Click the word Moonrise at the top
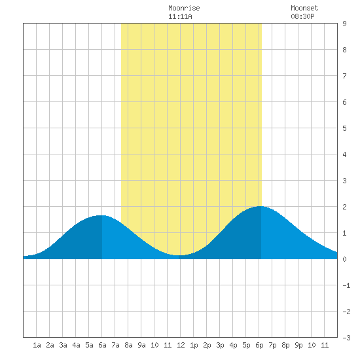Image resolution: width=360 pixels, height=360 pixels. tap(184, 8)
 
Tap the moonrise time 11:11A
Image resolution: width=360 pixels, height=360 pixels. tap(180, 16)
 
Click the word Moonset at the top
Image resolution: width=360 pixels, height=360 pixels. tap(304, 8)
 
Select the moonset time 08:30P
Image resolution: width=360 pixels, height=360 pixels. tap(302, 16)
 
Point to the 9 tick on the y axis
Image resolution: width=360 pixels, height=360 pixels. tap(344, 24)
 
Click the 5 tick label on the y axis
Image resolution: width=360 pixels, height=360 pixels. tap(344, 128)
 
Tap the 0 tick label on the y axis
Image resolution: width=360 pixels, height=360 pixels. tap(344, 259)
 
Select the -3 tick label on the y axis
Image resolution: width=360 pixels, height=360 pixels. tap(346, 338)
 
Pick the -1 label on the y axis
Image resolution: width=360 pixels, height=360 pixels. tap(346, 285)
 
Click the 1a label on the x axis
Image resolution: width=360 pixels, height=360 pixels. tap(37, 345)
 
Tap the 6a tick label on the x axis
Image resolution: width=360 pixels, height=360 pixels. tap(102, 345)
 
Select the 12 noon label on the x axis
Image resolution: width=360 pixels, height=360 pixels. tap(181, 345)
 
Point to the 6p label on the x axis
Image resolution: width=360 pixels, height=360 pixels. tap(259, 345)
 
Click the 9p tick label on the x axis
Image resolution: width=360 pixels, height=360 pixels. tap(298, 345)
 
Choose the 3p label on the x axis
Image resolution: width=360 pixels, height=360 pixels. tap(220, 345)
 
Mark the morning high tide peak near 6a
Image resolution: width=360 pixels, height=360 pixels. tap(101, 215)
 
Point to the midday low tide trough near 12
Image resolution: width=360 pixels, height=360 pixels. tap(179, 255)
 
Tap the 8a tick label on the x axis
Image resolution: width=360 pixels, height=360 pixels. tap(128, 345)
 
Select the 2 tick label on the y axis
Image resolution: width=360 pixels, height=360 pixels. tap(344, 207)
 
